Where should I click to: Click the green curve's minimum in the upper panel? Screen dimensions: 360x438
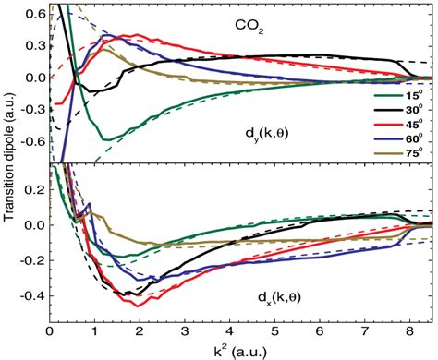pos(108,139)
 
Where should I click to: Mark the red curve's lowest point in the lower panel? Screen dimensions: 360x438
pos(138,306)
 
